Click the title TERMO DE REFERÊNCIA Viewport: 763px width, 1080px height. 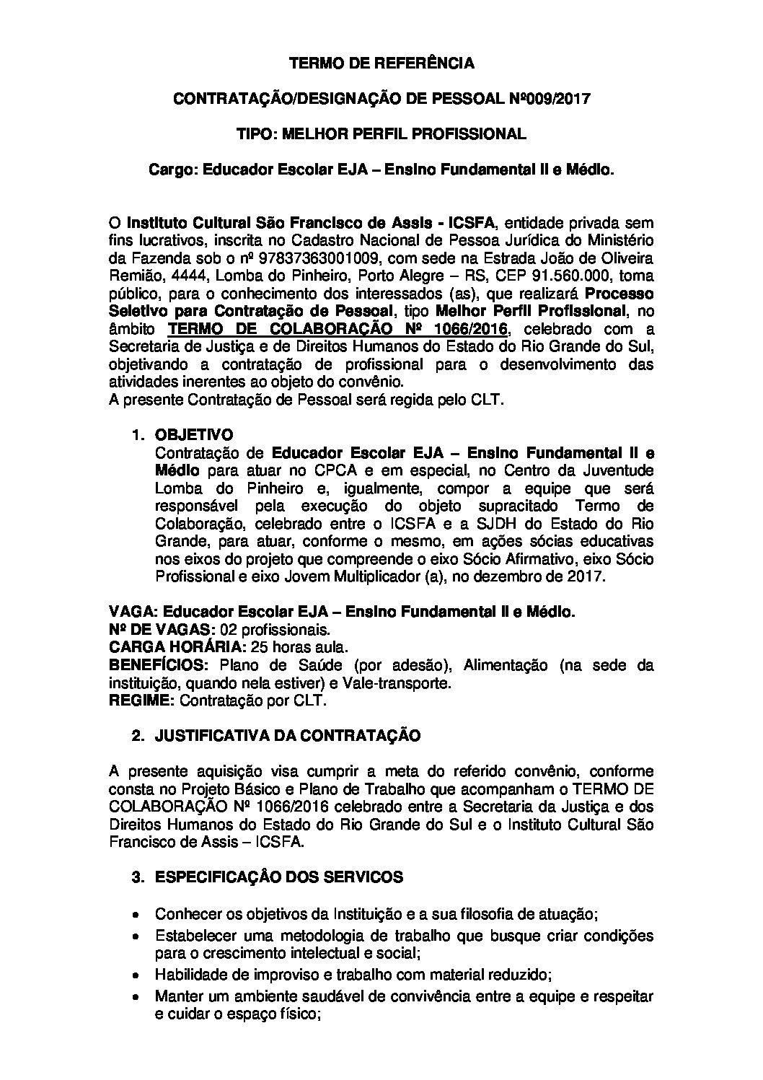381,63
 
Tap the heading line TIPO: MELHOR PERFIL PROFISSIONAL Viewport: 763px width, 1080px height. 381,133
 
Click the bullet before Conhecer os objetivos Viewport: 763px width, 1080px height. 136,914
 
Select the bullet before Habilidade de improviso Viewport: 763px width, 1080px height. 136,975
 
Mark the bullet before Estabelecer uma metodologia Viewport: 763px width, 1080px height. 136,936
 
